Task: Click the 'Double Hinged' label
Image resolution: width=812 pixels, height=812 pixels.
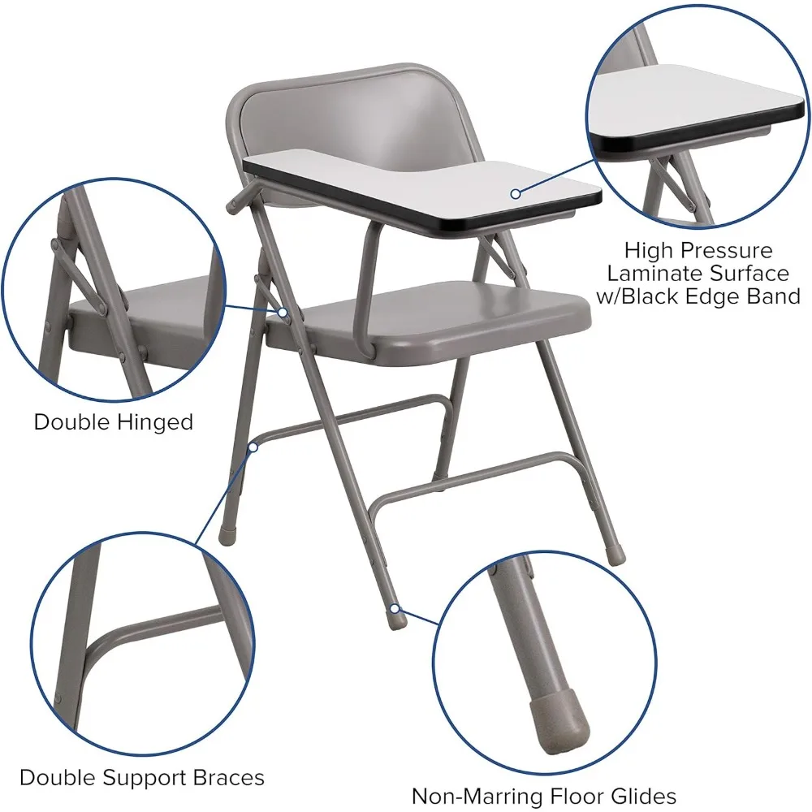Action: click(x=113, y=422)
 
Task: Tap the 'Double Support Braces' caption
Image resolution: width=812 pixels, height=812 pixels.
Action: click(x=142, y=777)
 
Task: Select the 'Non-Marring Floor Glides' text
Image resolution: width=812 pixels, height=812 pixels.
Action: click(x=543, y=795)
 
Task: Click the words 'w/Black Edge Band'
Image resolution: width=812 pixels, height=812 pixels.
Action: click(x=698, y=296)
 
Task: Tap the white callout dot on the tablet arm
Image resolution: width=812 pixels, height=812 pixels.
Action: click(x=516, y=193)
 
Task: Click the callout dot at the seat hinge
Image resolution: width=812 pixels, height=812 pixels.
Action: click(x=282, y=312)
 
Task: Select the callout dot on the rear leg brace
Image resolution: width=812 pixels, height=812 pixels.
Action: click(x=253, y=447)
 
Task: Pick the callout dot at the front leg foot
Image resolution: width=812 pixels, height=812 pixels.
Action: click(x=395, y=607)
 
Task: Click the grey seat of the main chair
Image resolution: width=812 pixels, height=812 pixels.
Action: click(x=455, y=313)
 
